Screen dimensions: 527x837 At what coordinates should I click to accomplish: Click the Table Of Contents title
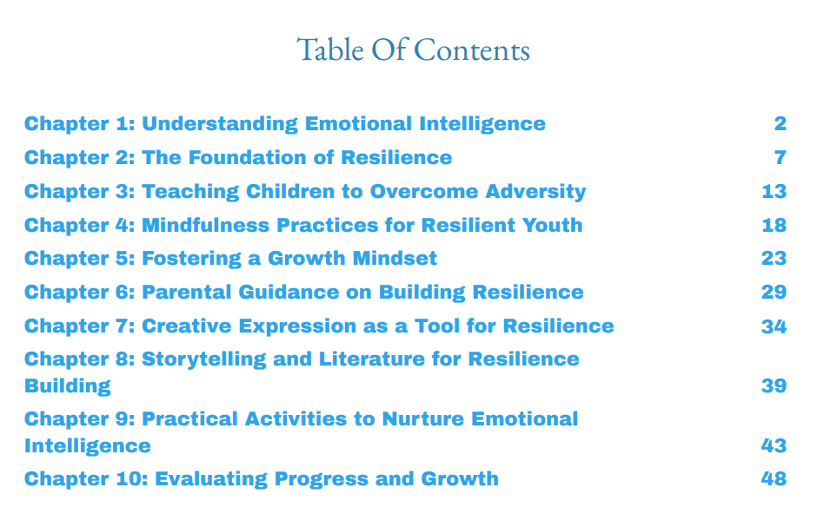point(413,49)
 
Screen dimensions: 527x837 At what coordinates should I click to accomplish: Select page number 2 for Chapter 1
point(780,123)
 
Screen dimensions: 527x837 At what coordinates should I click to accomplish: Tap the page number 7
point(780,157)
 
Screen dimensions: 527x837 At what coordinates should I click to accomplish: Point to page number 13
point(774,191)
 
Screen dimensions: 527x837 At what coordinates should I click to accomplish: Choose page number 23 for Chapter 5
point(774,258)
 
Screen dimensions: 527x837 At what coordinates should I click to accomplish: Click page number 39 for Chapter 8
point(774,385)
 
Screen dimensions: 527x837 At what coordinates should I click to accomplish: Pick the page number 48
point(774,478)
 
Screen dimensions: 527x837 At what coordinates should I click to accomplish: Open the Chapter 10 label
point(85,478)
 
